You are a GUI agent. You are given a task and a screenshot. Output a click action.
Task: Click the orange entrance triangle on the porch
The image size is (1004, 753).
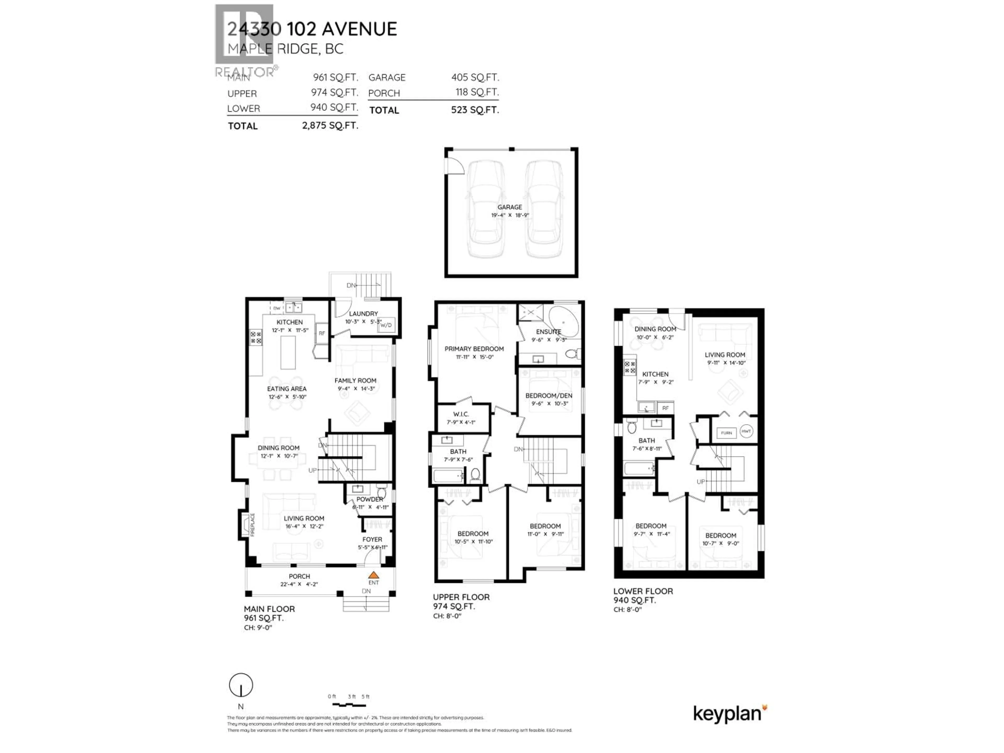click(373, 575)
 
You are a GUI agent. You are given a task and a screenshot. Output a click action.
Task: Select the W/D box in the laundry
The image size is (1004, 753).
click(386, 325)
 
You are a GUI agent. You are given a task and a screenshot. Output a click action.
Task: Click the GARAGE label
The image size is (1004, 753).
click(510, 207)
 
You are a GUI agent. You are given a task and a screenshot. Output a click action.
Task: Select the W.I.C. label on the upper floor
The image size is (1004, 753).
click(461, 414)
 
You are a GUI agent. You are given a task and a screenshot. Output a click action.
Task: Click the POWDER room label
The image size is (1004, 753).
click(369, 499)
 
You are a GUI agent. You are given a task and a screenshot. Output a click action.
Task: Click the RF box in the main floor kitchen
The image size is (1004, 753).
click(322, 333)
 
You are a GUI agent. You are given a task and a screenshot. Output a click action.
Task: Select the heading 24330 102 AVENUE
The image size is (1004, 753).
click(312, 29)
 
